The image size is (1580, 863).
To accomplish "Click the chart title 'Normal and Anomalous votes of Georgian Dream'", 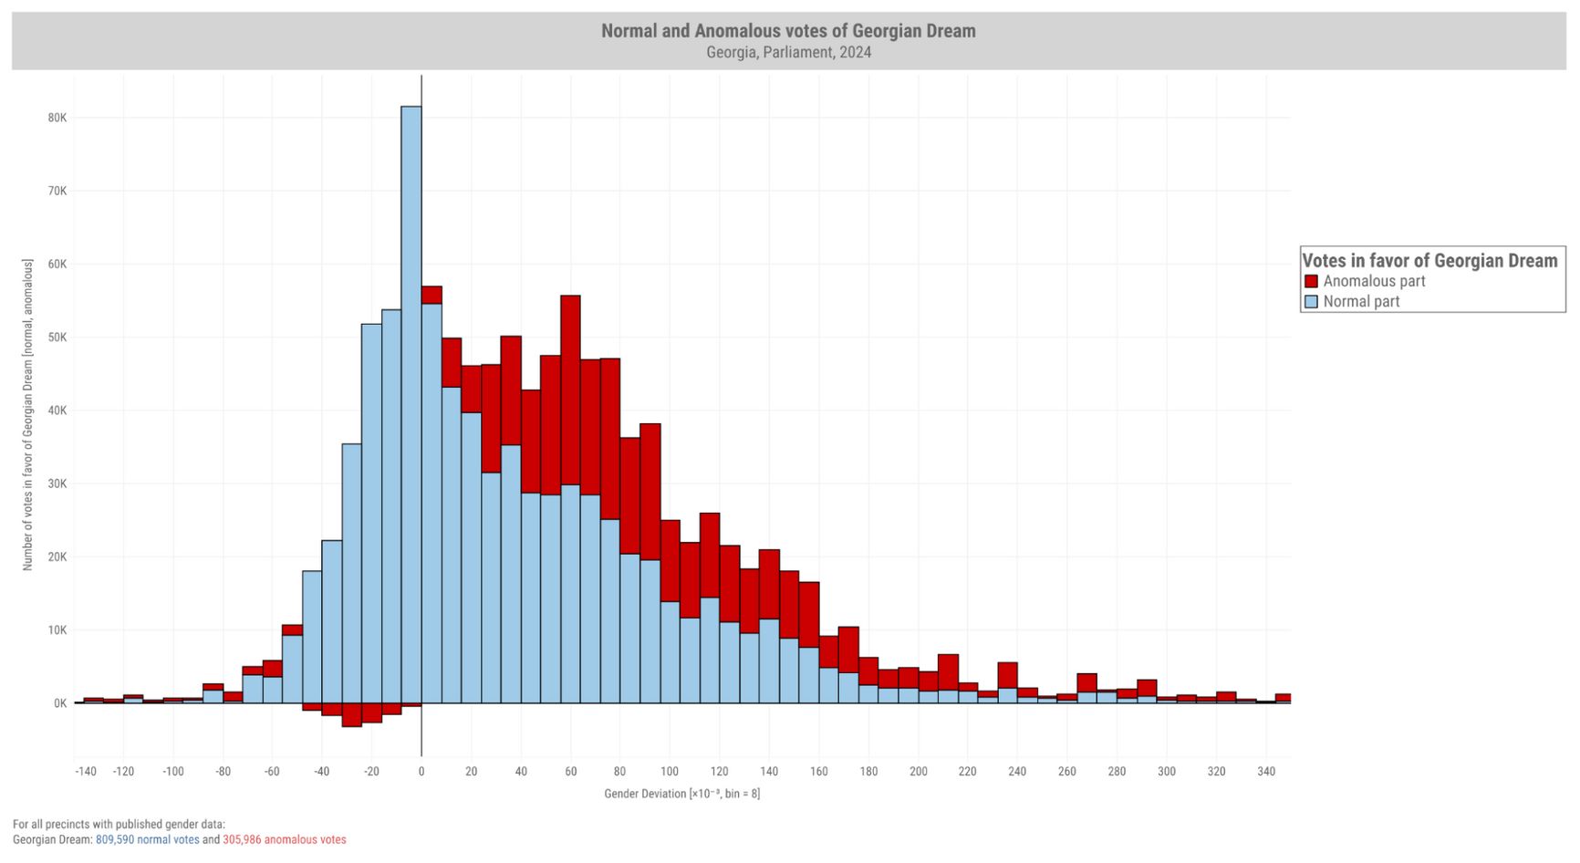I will pos(788,31).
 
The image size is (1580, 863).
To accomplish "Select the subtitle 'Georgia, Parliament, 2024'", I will pos(788,53).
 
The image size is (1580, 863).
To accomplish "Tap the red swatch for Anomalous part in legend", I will pos(1312,282).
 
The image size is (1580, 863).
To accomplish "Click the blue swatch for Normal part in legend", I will pos(1312,302).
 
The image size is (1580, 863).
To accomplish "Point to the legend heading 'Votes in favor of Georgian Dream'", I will pos(1429,261).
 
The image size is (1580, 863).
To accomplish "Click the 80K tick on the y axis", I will pos(57,118).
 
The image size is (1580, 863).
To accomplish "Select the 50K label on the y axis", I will pos(57,338).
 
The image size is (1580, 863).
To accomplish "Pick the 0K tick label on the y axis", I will pos(59,703).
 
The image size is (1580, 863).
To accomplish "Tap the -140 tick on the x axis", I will pos(85,772).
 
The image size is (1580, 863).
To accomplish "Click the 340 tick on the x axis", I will pos(1266,772).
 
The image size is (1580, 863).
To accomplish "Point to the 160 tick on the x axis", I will pos(819,772).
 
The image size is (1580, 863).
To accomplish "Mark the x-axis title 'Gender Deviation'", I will pos(681,794).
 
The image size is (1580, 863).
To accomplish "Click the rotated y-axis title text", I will pos(28,415).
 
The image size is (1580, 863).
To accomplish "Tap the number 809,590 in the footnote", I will pos(115,840).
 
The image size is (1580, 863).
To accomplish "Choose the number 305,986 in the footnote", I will pos(242,840).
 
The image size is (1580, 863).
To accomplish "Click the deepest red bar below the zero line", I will pos(352,714).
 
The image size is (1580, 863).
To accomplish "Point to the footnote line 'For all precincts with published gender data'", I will pos(119,825).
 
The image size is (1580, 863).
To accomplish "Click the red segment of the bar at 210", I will pos(948,671).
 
